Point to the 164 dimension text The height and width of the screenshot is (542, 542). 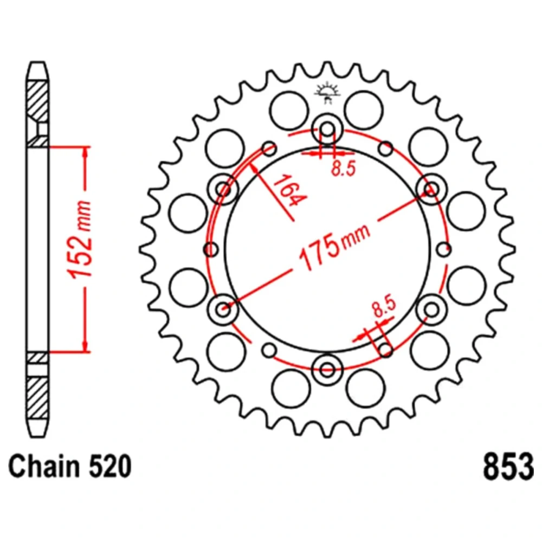point(289,191)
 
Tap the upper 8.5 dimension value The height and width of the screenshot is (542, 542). point(343,169)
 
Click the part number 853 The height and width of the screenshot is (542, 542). point(508,466)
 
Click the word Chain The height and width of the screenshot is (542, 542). point(44,466)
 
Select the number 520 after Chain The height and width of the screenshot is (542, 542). point(110,466)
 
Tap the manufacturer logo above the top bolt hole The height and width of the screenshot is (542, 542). point(327,92)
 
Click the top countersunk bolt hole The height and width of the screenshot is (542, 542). point(327,130)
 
